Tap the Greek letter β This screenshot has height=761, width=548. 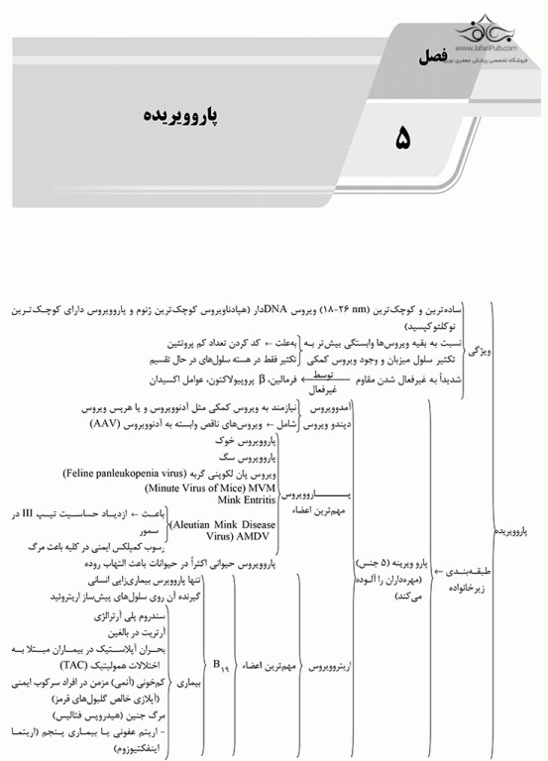pyautogui.click(x=261, y=378)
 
